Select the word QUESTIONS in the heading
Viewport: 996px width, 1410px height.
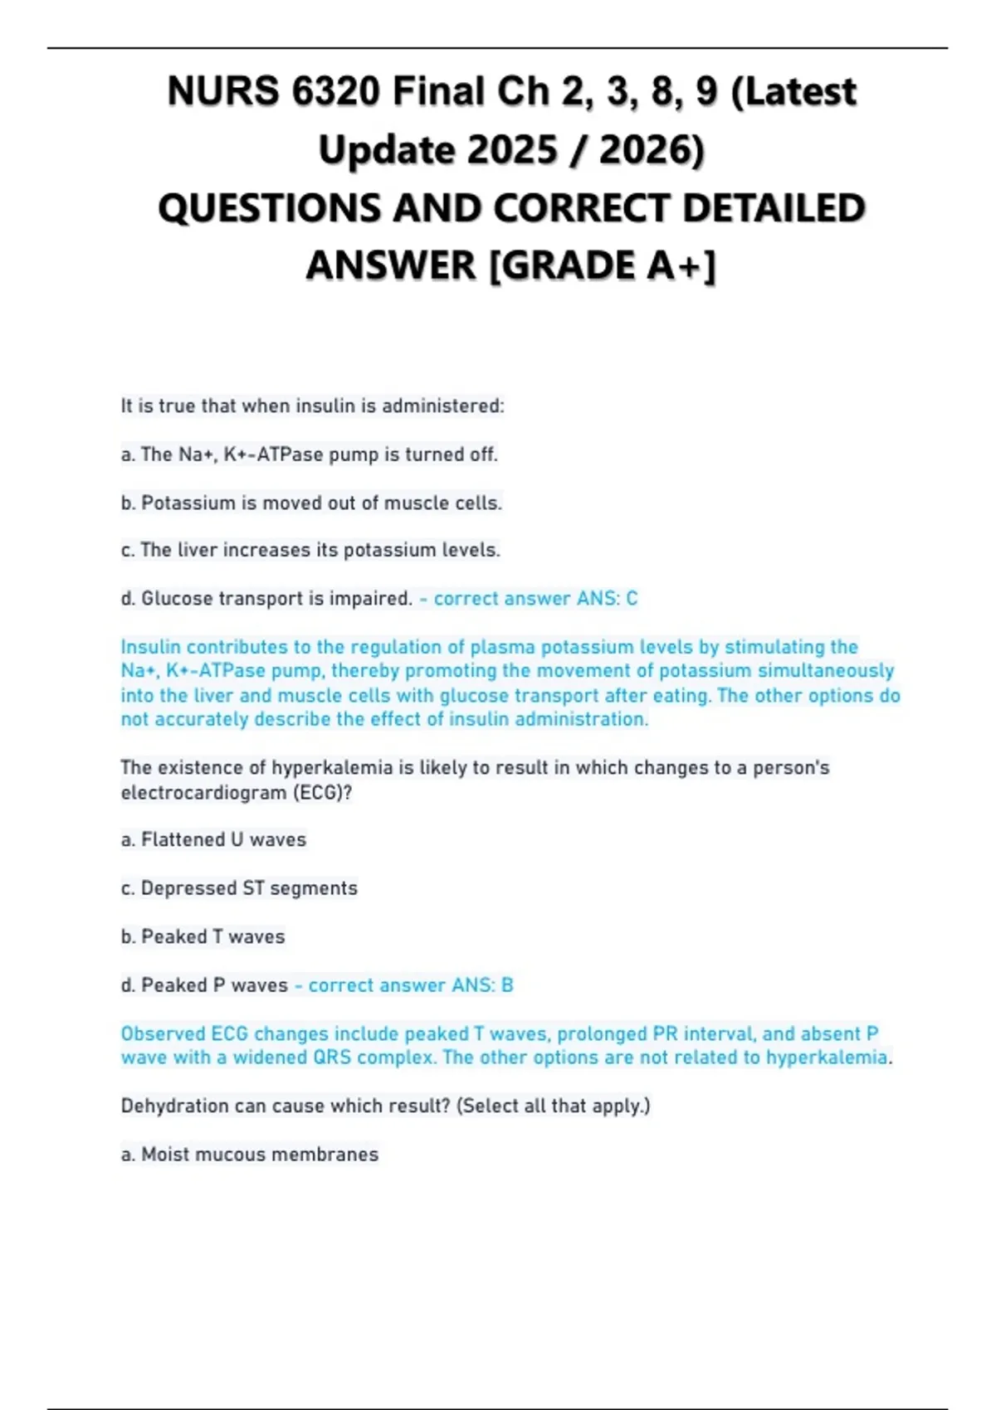(x=268, y=208)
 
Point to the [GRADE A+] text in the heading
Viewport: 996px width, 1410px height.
(x=603, y=266)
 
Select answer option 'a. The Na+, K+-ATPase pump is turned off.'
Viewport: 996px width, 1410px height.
(x=310, y=455)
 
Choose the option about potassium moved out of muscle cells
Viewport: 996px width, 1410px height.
(x=311, y=503)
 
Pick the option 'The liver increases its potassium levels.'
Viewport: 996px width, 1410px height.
(x=310, y=551)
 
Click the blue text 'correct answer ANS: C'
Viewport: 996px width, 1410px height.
(x=535, y=599)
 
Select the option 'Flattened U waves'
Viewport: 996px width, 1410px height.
(x=214, y=840)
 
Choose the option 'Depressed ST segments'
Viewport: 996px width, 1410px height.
(x=239, y=888)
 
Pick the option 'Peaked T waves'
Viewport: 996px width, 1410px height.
(x=203, y=937)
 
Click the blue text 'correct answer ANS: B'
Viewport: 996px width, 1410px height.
(x=410, y=985)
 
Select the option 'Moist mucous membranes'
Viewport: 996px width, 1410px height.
(x=250, y=1155)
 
